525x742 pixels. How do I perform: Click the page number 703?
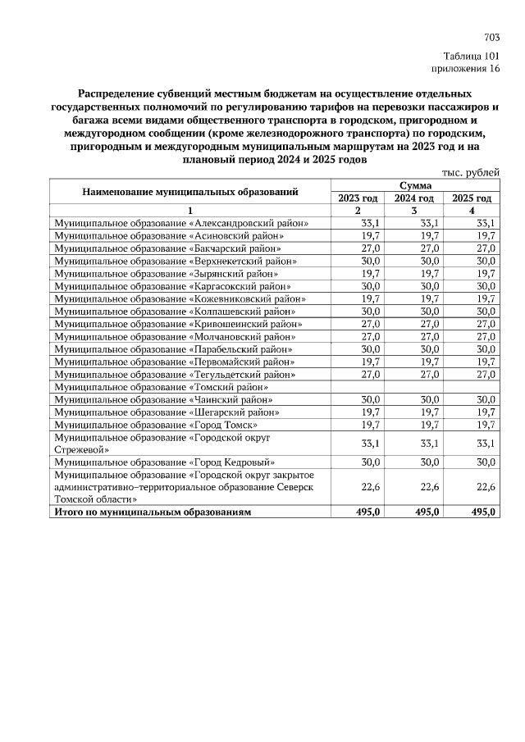tap(492, 38)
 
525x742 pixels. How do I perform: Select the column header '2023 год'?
tap(357, 198)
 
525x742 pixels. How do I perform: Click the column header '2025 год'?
tap(472, 198)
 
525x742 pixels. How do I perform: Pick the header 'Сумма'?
tap(415, 186)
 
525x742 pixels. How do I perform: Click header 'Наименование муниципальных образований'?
tap(189, 192)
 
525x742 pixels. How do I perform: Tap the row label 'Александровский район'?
tap(181, 223)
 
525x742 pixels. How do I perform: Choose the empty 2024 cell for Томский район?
tap(415, 388)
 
